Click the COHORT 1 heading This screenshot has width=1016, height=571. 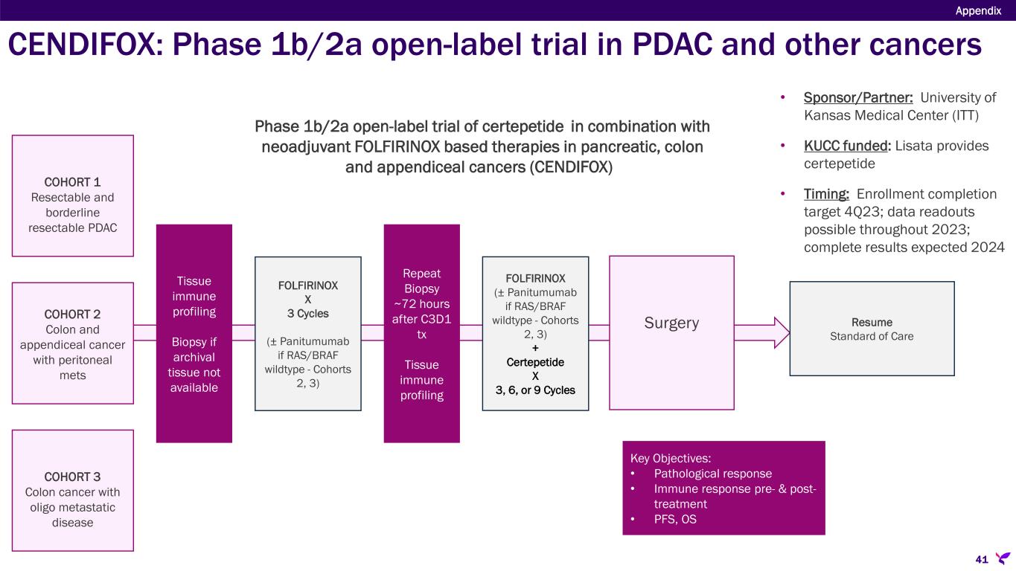(x=73, y=181)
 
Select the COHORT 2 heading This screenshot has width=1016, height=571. (x=73, y=314)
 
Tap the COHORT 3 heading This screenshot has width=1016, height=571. (x=73, y=476)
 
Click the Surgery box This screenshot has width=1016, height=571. (x=671, y=323)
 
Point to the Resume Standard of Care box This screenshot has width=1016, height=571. (x=872, y=329)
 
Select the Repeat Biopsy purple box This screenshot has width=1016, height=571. (x=421, y=334)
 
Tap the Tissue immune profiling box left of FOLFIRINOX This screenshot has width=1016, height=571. (x=194, y=334)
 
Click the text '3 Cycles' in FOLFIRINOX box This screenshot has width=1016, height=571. (x=307, y=313)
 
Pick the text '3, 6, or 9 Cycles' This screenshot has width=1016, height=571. (x=535, y=390)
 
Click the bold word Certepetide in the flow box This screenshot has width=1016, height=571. (x=535, y=362)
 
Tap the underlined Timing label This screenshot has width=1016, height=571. (x=826, y=195)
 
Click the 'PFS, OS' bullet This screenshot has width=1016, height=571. (x=675, y=520)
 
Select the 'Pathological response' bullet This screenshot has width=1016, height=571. (x=712, y=474)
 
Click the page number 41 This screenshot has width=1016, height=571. (x=981, y=558)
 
